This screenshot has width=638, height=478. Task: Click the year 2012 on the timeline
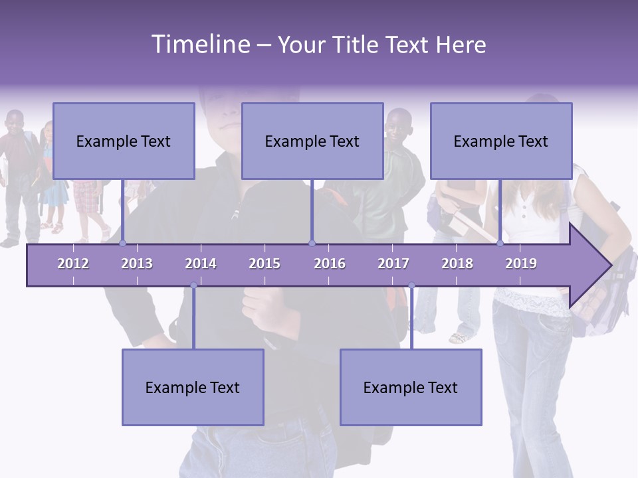(x=73, y=264)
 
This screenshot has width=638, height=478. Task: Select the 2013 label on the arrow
(x=137, y=264)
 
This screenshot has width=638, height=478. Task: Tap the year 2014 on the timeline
(x=201, y=264)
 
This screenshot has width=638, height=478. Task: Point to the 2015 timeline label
(x=265, y=264)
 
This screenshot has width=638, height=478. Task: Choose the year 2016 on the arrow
(x=330, y=264)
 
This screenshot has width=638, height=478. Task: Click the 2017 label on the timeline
(x=393, y=264)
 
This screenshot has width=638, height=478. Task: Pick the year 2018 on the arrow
(x=457, y=264)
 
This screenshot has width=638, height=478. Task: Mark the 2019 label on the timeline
(x=521, y=264)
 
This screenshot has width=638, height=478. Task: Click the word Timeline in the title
(x=199, y=44)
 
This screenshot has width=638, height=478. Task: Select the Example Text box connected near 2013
(x=124, y=141)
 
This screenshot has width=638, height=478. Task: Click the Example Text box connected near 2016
(x=312, y=141)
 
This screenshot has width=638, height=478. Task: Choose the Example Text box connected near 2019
(x=501, y=141)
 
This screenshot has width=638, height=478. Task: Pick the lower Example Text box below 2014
(x=193, y=387)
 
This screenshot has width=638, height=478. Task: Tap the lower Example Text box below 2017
(x=411, y=387)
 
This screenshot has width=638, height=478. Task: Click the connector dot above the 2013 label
(x=123, y=244)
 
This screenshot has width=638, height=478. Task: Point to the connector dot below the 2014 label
(x=193, y=285)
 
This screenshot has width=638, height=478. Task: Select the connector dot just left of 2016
(x=312, y=244)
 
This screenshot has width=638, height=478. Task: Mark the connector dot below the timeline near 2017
(x=411, y=285)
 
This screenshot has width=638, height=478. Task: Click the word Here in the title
(x=461, y=45)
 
